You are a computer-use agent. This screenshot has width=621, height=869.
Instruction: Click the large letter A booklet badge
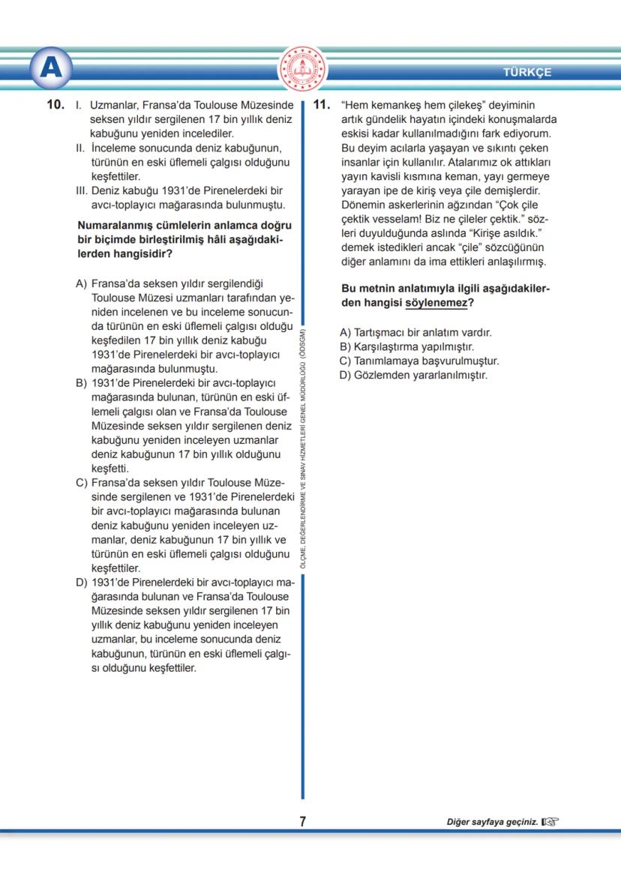click(51, 69)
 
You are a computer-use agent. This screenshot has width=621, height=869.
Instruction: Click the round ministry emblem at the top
click(303, 69)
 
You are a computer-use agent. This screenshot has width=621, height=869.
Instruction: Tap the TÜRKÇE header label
click(527, 73)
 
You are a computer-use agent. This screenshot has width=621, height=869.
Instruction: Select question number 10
click(55, 106)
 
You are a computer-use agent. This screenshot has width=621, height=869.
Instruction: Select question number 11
click(322, 106)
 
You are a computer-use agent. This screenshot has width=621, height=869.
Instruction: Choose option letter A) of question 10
click(82, 285)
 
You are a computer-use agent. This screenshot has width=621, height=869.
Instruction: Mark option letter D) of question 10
click(82, 582)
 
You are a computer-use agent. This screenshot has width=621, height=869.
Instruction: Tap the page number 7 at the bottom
click(302, 822)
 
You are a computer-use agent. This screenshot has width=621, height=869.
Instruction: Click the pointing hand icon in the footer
click(550, 823)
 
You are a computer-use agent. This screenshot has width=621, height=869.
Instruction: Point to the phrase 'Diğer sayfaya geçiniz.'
click(493, 823)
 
